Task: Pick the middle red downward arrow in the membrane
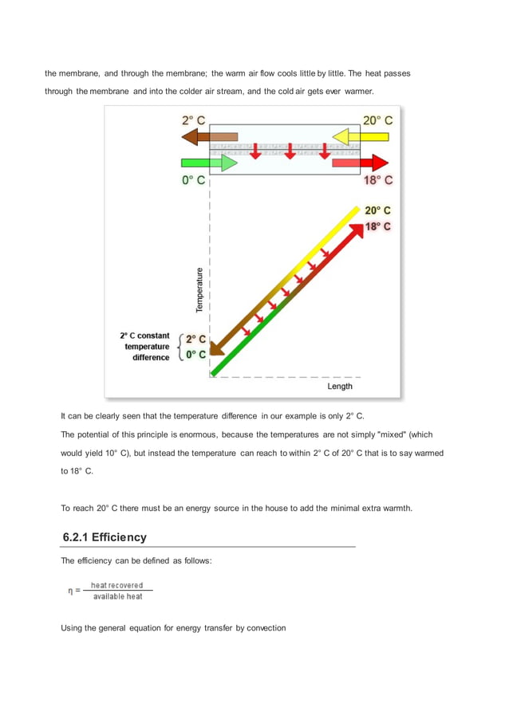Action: (x=290, y=151)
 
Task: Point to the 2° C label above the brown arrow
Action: (x=193, y=120)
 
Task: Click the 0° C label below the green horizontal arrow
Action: (x=193, y=180)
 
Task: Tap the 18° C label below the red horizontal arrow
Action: (x=377, y=180)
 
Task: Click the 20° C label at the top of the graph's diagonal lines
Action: (x=377, y=210)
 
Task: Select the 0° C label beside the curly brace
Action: (x=196, y=355)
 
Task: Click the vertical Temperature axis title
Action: (x=199, y=289)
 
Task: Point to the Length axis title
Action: (x=340, y=387)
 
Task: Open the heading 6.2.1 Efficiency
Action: (x=105, y=537)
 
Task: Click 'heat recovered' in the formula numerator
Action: (x=116, y=585)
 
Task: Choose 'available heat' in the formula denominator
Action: (x=117, y=596)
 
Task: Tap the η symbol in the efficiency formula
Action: (x=70, y=591)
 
